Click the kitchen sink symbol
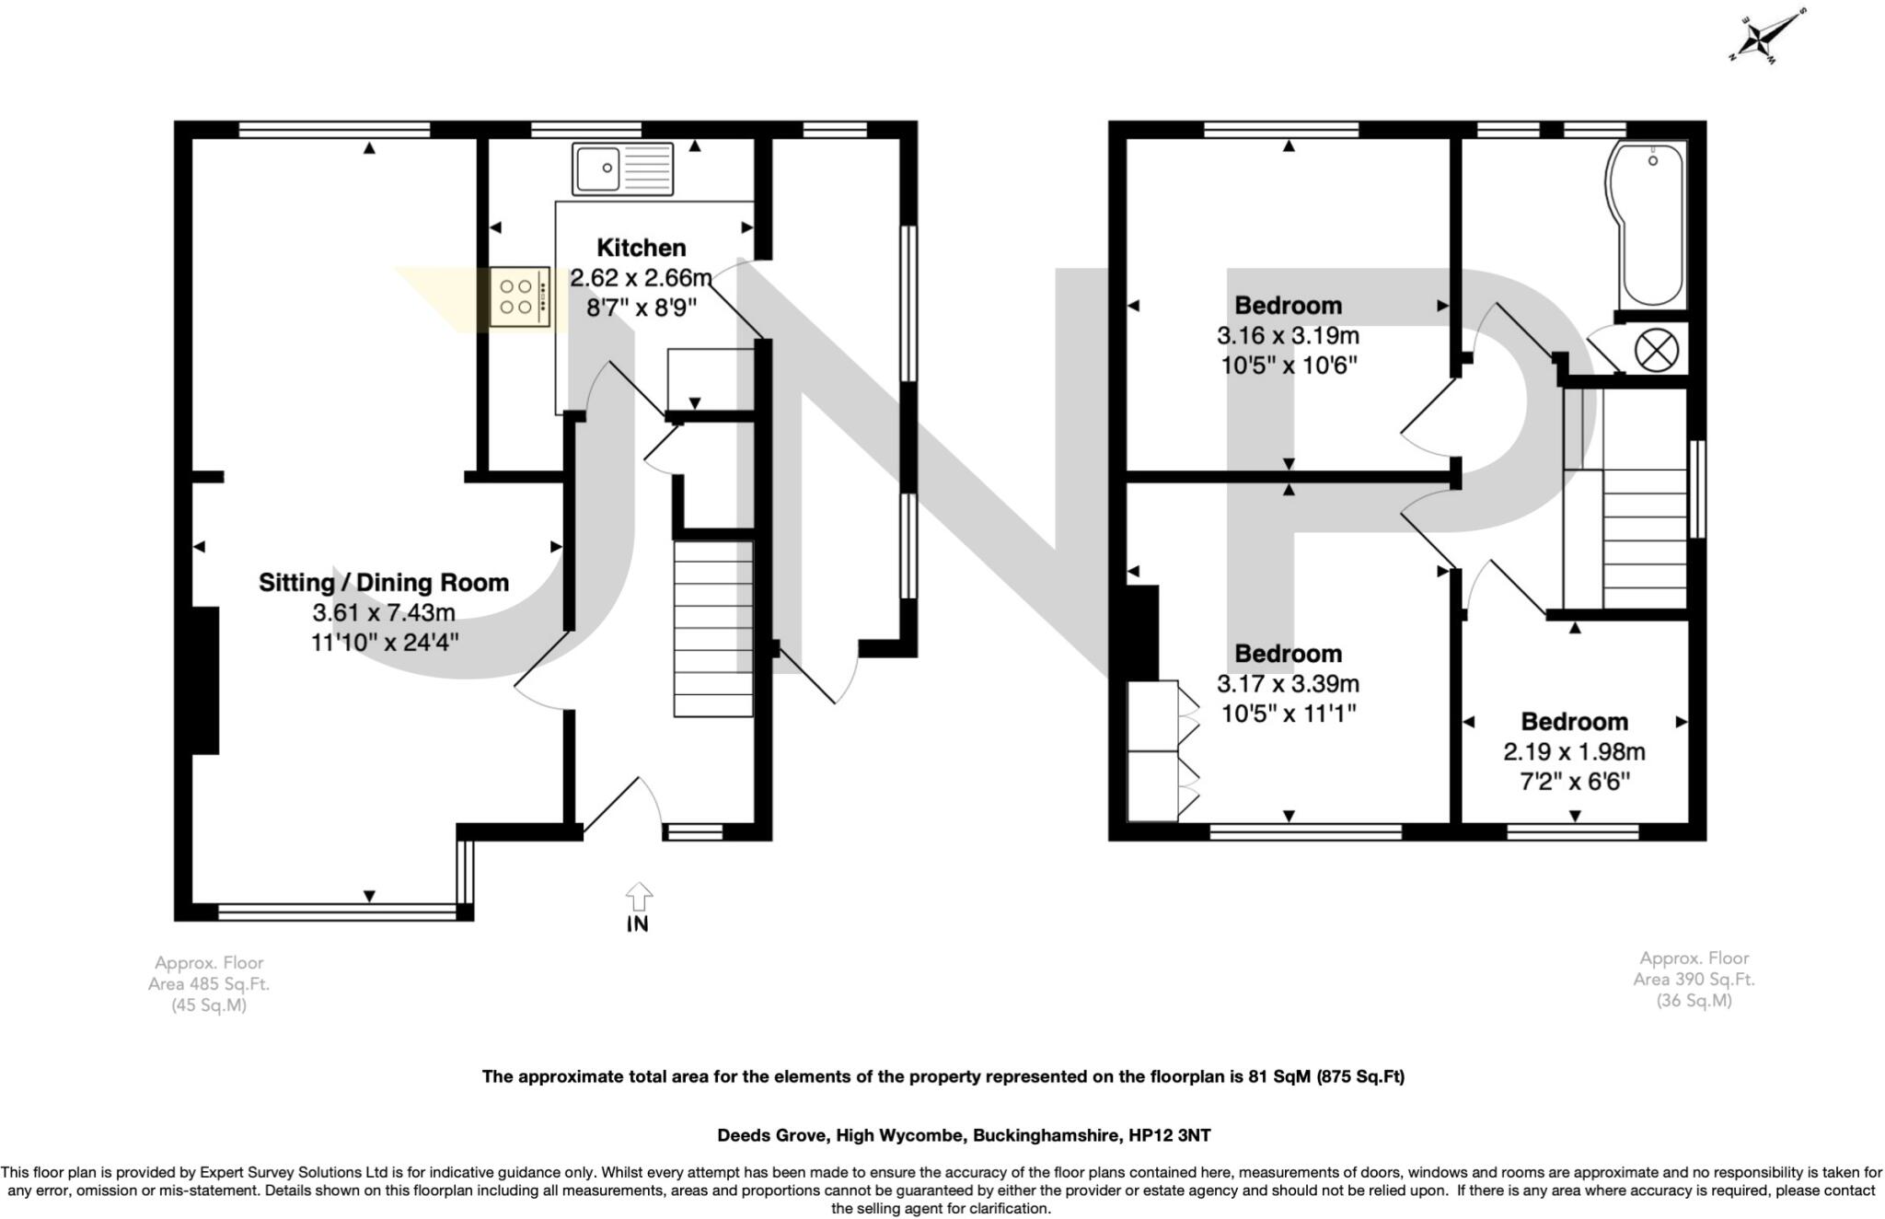click(623, 168)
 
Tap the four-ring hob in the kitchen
click(520, 296)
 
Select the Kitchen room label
click(642, 248)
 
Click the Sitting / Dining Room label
click(384, 582)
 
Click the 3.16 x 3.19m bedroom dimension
click(1288, 335)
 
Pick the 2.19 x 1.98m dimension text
click(1574, 751)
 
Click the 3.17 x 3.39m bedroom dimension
click(1288, 684)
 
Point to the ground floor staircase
click(713, 628)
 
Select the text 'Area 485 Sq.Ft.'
click(209, 983)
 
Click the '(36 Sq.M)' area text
click(1694, 1001)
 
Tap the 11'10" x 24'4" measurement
click(385, 642)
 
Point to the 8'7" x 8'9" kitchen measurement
click(642, 307)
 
